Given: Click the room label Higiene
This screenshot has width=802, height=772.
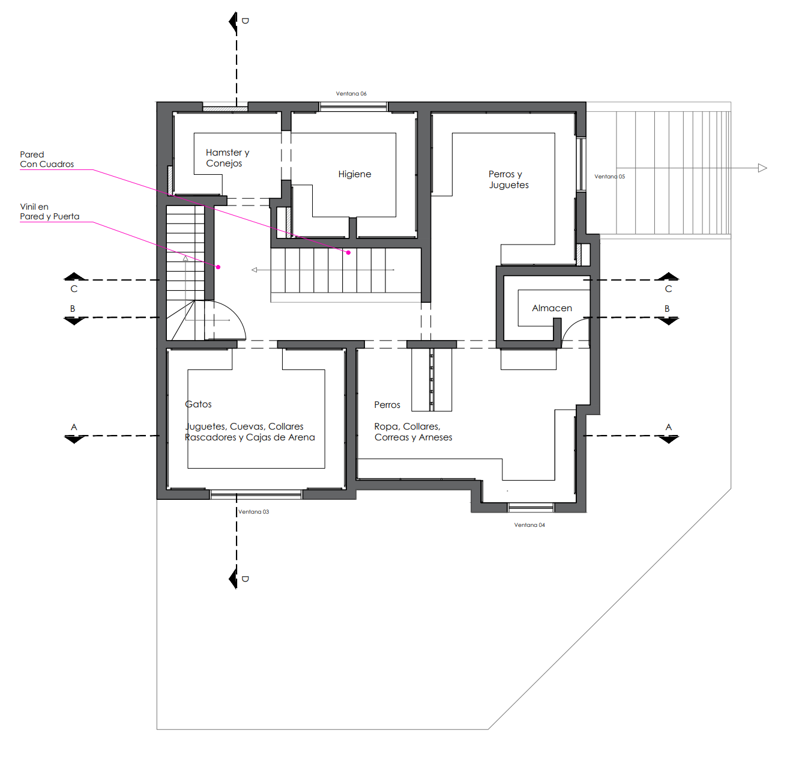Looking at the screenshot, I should click(x=354, y=174).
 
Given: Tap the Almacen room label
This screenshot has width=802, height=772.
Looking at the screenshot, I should click(x=552, y=308).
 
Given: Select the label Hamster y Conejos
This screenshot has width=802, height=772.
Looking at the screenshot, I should click(x=227, y=158).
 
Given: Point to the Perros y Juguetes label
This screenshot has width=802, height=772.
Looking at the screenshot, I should click(x=508, y=180).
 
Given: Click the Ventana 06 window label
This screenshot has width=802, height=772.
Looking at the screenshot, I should click(x=351, y=94).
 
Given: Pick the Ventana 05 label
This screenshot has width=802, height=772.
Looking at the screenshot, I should click(x=609, y=177).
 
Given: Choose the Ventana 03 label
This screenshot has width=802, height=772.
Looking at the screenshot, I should click(x=253, y=512).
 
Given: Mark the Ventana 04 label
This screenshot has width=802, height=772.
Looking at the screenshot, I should click(x=529, y=525).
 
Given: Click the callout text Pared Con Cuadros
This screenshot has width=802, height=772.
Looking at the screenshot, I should click(x=47, y=159).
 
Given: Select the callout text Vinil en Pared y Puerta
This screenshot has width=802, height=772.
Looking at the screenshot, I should click(x=49, y=211).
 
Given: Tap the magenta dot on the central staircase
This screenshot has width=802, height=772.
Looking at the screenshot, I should click(x=348, y=252).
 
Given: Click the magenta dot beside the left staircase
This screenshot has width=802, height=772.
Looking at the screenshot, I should click(x=219, y=267).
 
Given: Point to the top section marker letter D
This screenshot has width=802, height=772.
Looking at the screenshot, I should click(x=245, y=21).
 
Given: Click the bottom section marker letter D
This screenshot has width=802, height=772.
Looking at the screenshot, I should click(x=245, y=579).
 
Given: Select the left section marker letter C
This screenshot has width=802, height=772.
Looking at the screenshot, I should click(x=74, y=289).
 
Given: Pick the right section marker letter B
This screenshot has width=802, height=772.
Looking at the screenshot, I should click(x=667, y=309).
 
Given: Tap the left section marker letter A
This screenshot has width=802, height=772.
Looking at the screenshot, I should click(x=74, y=427).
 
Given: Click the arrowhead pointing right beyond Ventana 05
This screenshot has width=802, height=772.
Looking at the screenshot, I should click(x=762, y=168).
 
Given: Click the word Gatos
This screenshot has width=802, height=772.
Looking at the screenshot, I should click(x=198, y=404).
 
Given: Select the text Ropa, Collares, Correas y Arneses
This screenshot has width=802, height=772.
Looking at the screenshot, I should click(x=413, y=432).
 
